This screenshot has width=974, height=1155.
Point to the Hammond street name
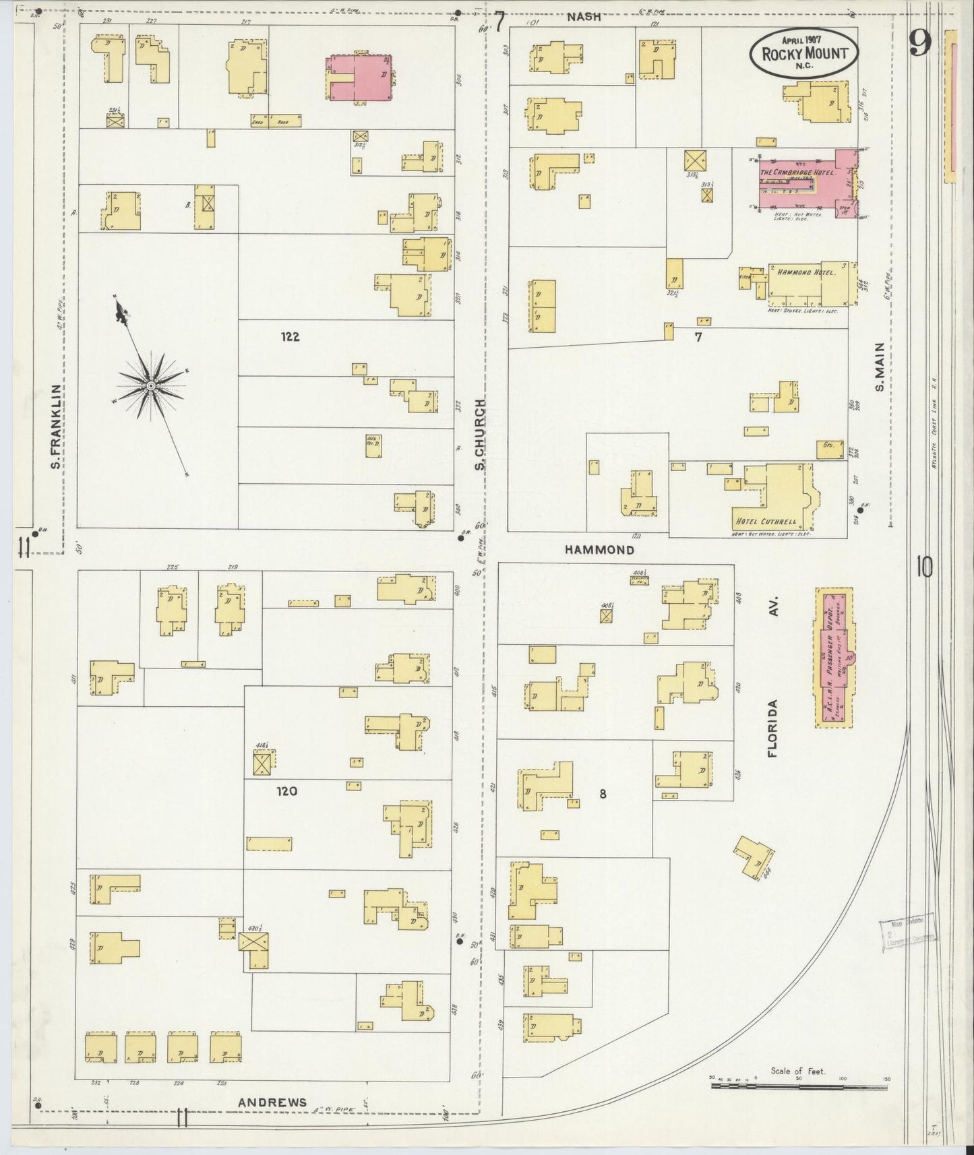click(599, 550)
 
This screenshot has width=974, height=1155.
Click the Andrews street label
click(272, 1102)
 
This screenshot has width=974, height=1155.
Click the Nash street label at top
click(583, 17)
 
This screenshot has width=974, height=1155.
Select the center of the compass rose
click(151, 385)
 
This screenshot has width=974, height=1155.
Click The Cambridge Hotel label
click(797, 173)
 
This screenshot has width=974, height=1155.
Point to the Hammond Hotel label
click(805, 273)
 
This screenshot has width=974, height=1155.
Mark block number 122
click(290, 337)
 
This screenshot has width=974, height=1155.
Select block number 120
click(286, 792)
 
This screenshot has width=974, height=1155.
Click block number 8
click(603, 794)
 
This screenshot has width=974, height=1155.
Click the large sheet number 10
click(924, 567)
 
